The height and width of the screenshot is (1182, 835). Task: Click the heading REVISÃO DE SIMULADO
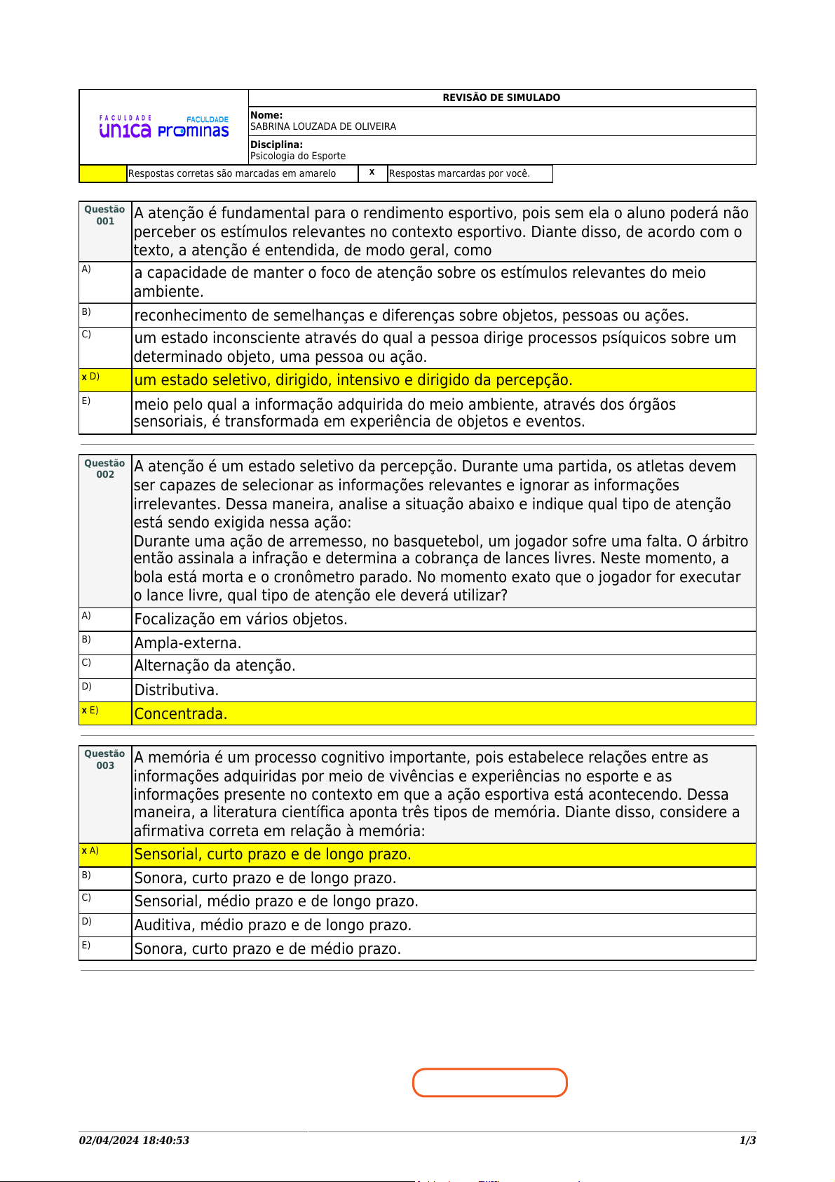click(x=501, y=98)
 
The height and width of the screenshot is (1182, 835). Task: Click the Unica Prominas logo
click(x=164, y=127)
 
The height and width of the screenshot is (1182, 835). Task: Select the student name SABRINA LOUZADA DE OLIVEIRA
click(x=323, y=127)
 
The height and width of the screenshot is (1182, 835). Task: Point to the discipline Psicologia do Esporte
click(x=298, y=156)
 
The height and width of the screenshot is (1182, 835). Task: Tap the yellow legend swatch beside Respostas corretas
click(x=103, y=173)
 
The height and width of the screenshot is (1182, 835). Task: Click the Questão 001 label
click(x=104, y=215)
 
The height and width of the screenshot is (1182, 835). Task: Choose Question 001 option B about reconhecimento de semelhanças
click(x=411, y=316)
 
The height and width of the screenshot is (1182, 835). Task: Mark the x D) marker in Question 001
click(x=90, y=377)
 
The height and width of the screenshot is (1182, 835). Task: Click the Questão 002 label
click(x=104, y=469)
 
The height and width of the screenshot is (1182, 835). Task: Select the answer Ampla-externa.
click(x=188, y=643)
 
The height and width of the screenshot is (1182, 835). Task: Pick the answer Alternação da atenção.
click(x=215, y=666)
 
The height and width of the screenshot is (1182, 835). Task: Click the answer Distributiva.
click(x=177, y=690)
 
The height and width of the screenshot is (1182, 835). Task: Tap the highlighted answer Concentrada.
click(x=181, y=714)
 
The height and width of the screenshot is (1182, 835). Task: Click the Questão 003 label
click(x=104, y=759)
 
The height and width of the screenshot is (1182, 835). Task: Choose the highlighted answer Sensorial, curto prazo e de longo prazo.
click(x=273, y=854)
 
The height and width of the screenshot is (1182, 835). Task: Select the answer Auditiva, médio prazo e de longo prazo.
click(x=273, y=925)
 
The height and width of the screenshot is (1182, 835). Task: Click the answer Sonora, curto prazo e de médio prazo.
click(x=268, y=949)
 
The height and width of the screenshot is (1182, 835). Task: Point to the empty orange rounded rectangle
click(x=489, y=1082)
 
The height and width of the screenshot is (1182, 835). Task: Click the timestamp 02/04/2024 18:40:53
click(x=134, y=1141)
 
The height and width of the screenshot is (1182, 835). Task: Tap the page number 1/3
click(x=747, y=1141)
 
